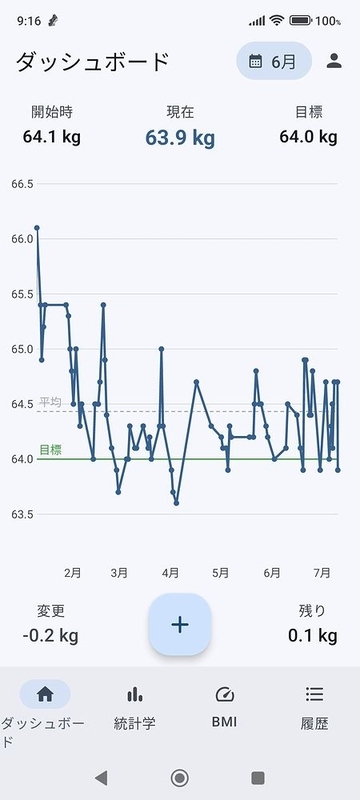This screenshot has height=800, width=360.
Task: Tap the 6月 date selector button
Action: point(274,61)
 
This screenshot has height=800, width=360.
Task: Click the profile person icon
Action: point(334,61)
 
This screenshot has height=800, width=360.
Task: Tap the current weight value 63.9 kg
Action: point(180,138)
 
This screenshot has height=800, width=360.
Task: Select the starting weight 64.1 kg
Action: point(52,137)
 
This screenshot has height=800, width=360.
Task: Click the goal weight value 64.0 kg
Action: point(308,137)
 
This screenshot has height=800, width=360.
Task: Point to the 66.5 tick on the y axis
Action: point(22,184)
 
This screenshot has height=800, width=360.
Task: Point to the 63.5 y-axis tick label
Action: point(22,514)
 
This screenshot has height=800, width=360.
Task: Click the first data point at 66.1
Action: point(37,228)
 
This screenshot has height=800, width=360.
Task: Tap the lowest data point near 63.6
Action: point(176,503)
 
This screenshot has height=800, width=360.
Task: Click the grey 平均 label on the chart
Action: point(50,402)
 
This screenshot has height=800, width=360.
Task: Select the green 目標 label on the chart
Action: point(50,450)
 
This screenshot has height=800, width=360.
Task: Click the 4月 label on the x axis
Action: point(170,573)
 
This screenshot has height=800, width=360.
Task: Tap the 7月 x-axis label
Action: point(322,573)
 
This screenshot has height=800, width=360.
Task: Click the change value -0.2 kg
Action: point(50,636)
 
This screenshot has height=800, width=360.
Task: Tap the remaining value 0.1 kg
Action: point(313,636)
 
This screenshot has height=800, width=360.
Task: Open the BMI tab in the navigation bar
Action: point(224,706)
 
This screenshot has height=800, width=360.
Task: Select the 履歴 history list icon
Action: point(315,694)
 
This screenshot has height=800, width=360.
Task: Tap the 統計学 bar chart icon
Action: point(135,694)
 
